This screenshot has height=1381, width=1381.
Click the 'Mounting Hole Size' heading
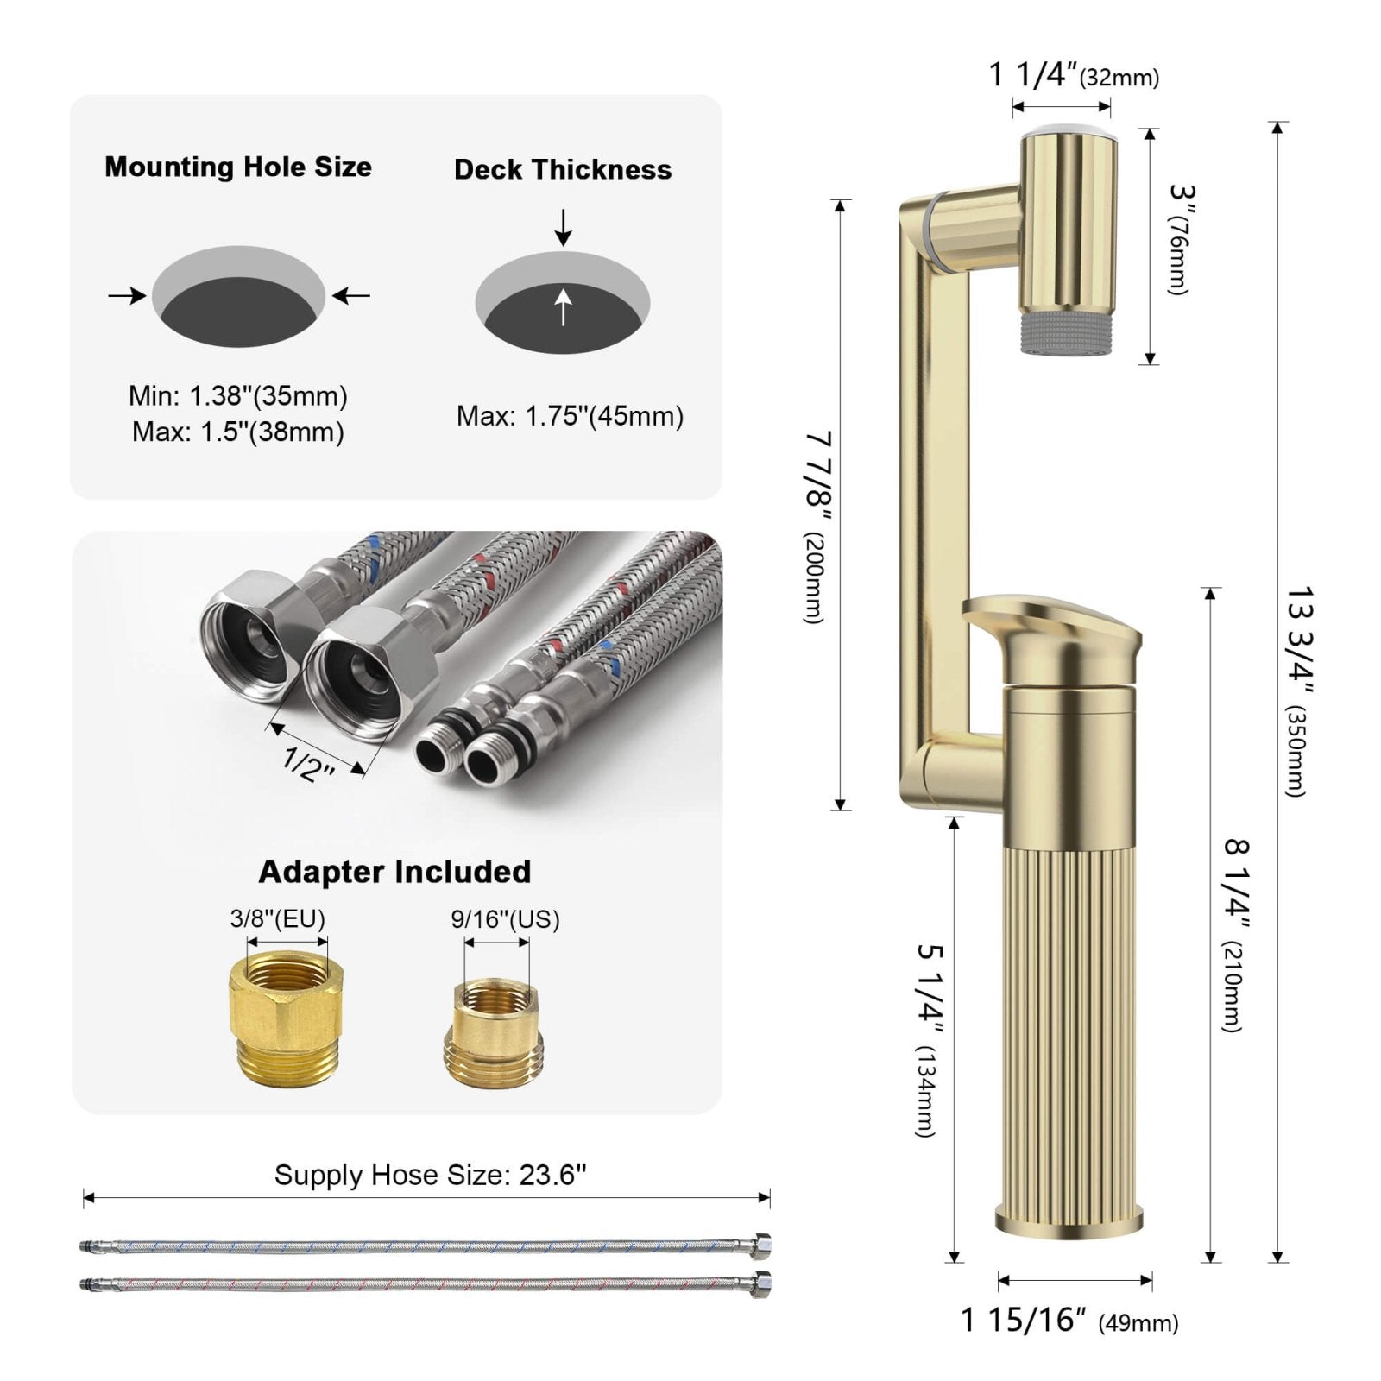tap(238, 167)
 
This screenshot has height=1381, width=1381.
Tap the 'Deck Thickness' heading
tap(563, 169)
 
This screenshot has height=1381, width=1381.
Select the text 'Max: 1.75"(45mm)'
tap(570, 416)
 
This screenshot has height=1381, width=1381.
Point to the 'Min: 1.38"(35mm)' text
tap(238, 396)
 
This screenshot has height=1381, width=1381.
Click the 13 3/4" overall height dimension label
tap(1298, 690)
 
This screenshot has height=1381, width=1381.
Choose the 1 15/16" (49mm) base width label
tap(1069, 1320)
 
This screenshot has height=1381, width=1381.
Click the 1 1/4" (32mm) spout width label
tap(1073, 76)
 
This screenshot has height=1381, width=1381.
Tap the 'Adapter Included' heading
tap(394, 872)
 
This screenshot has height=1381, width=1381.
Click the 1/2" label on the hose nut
tap(308, 762)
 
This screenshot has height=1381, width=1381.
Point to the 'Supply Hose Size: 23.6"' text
tap(430, 1175)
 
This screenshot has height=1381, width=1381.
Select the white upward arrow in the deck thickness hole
tap(563, 307)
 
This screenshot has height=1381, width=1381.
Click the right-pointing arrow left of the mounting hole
tap(127, 296)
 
